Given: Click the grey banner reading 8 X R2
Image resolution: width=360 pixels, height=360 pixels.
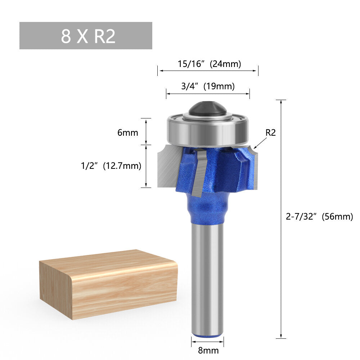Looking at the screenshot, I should (x=86, y=36).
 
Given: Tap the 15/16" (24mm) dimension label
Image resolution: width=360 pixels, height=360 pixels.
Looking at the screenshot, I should (x=209, y=64).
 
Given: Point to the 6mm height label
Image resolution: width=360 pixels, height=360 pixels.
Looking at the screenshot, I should (x=128, y=132).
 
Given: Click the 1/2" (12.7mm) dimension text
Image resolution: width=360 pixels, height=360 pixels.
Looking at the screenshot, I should (x=111, y=166).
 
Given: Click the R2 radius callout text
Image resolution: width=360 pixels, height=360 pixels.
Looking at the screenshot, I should (x=270, y=132).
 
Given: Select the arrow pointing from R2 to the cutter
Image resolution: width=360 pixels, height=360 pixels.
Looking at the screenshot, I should (x=260, y=143).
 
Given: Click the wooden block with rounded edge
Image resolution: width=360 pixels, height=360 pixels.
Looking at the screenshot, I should (x=108, y=284).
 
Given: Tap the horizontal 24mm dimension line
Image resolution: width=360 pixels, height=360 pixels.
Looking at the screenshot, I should (x=208, y=71).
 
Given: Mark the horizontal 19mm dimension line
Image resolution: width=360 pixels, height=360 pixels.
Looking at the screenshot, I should (x=208, y=94).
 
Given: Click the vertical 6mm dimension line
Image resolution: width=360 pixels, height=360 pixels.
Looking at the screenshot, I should (x=146, y=131).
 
